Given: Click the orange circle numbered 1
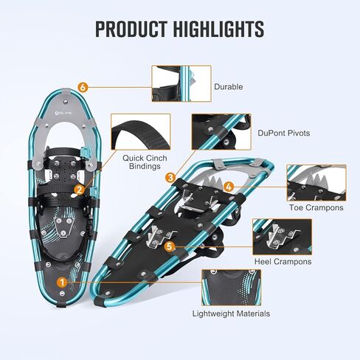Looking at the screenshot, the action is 62,283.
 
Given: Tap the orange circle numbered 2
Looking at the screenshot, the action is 79,190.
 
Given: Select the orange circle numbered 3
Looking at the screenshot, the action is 170,177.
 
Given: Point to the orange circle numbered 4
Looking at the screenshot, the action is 229,187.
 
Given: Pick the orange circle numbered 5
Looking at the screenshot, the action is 170,246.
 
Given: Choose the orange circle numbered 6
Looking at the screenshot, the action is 83,87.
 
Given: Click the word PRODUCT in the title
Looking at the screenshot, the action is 131,29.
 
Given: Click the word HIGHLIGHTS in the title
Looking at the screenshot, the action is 219,29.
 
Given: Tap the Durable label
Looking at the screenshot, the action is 229,86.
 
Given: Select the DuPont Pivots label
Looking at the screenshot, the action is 284,133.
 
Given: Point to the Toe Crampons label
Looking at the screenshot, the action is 316,207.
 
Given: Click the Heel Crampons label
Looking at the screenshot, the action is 283,261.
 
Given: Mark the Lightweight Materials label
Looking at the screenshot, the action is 231,314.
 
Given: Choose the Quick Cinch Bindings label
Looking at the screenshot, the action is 145,162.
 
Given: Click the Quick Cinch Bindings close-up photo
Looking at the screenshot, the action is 141,131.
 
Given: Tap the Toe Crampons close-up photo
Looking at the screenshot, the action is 316,183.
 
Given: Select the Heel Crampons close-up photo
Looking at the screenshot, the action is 283,237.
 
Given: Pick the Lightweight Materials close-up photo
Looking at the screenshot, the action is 231,288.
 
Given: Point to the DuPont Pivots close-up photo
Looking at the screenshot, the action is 221,131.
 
